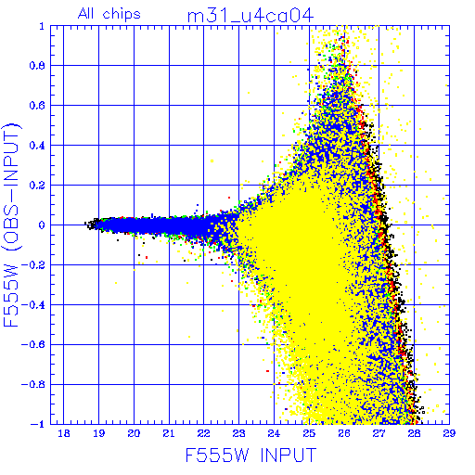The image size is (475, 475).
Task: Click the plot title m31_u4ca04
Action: [250, 16]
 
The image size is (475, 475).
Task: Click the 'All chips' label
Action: [109, 14]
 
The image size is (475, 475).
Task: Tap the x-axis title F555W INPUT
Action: [250, 455]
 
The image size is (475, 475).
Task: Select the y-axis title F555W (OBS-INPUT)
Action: [11, 225]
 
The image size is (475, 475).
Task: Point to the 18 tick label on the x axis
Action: [64, 433]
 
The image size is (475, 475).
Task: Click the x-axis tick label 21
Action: [169, 433]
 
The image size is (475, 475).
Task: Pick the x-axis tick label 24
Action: [274, 433]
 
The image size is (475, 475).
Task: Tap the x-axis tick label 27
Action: [379, 433]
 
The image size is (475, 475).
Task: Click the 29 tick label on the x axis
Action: [449, 433]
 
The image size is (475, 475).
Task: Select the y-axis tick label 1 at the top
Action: [42, 26]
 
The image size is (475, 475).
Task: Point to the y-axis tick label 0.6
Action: [37, 106]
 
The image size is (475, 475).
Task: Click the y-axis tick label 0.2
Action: [37, 186]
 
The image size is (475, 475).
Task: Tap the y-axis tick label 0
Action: [42, 225]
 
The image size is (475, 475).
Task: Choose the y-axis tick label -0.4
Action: [33, 304]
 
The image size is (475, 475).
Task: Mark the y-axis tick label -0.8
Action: [33, 384]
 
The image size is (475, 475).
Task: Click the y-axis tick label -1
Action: [38, 424]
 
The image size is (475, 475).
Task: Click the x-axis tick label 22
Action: [204, 433]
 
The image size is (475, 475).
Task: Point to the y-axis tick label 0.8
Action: [37, 66]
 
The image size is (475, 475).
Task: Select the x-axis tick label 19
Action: [98, 433]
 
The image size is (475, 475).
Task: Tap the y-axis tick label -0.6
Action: [33, 344]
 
